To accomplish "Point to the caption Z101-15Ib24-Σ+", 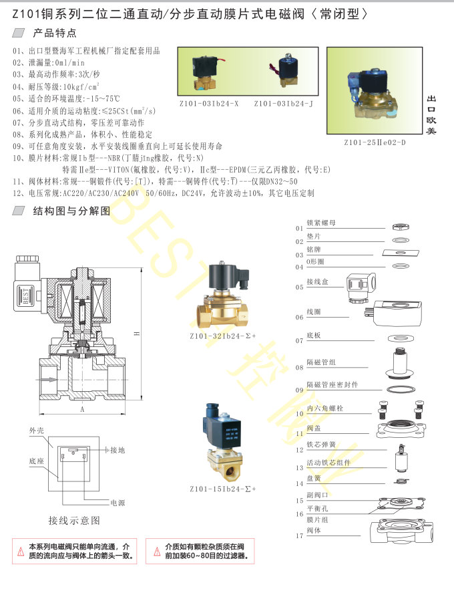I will pos(222,489).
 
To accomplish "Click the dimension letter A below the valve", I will pos(82,408).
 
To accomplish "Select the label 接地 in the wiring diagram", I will pos(118,450).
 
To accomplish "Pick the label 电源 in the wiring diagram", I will pos(118,502).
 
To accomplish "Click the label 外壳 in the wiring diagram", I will pos(36,431).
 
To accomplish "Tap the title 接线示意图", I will pos(74,520).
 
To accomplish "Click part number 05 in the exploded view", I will pos(299,287).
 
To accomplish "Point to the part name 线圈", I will pos(314,312).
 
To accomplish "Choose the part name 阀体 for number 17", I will pos(314,531).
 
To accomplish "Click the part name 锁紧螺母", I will pos(320,223).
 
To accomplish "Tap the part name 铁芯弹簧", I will pos(320,444).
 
